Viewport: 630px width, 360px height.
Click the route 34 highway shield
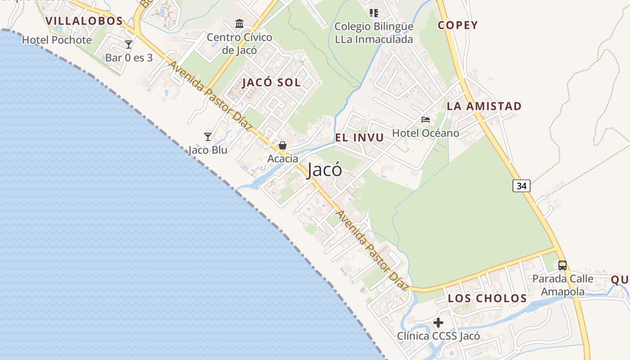point(521,185)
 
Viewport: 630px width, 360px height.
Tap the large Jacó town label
point(324,170)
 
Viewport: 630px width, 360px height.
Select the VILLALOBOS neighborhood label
point(84,21)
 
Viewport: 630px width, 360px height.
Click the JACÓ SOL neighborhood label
point(271,83)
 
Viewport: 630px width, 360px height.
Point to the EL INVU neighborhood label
point(360,138)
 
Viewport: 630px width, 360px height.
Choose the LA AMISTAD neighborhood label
point(484,106)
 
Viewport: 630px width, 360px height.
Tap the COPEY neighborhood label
point(458,25)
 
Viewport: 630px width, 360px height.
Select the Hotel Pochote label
point(57,40)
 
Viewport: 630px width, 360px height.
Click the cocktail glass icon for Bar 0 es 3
point(129,45)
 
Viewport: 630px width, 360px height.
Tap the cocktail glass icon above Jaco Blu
point(207,136)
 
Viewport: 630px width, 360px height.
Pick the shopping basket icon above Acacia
point(283,145)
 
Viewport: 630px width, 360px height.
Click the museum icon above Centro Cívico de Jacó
point(239,23)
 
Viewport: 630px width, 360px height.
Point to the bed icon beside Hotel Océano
point(426,120)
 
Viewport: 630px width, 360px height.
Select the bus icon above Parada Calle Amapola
point(562,265)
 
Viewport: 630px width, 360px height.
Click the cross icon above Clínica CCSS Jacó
point(438,323)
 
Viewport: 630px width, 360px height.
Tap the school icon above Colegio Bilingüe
point(373,13)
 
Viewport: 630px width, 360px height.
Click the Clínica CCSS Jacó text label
point(438,336)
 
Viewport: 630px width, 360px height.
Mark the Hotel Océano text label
point(426,133)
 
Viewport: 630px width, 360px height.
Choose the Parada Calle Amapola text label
point(562,285)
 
